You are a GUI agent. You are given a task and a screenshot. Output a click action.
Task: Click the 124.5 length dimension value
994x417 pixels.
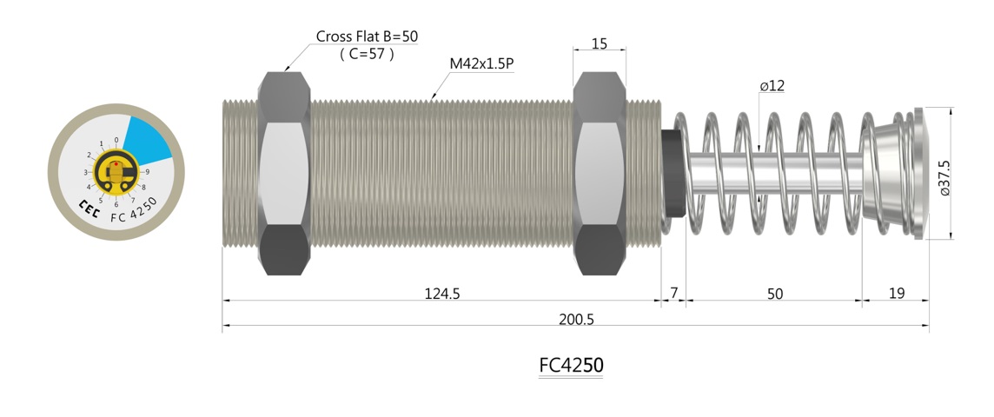coord(441,294)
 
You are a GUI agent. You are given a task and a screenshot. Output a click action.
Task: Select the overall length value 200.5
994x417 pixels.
coord(576,319)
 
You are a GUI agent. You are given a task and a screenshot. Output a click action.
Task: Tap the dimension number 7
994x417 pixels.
coord(673,294)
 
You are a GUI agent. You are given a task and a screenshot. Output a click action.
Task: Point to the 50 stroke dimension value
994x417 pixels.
coord(774,294)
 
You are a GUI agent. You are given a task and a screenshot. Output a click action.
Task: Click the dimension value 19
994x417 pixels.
coord(896,294)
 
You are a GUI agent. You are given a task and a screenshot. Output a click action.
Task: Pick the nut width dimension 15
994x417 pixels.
coord(599,43)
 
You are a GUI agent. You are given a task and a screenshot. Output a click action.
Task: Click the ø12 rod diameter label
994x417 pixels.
coord(772,86)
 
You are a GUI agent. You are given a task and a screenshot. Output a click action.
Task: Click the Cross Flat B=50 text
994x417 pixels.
coord(366,37)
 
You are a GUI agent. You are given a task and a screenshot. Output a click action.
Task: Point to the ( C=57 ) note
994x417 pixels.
coord(366,54)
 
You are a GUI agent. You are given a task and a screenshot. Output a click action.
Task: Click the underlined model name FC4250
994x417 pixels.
coord(571,366)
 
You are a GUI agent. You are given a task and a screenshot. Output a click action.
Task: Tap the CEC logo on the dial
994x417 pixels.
coord(89,208)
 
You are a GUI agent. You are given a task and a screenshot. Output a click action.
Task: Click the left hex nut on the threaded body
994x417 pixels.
coord(284,174)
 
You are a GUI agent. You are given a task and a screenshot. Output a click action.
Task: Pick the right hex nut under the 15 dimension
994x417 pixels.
coord(599,174)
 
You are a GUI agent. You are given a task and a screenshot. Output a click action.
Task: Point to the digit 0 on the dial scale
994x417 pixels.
coord(116,139)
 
